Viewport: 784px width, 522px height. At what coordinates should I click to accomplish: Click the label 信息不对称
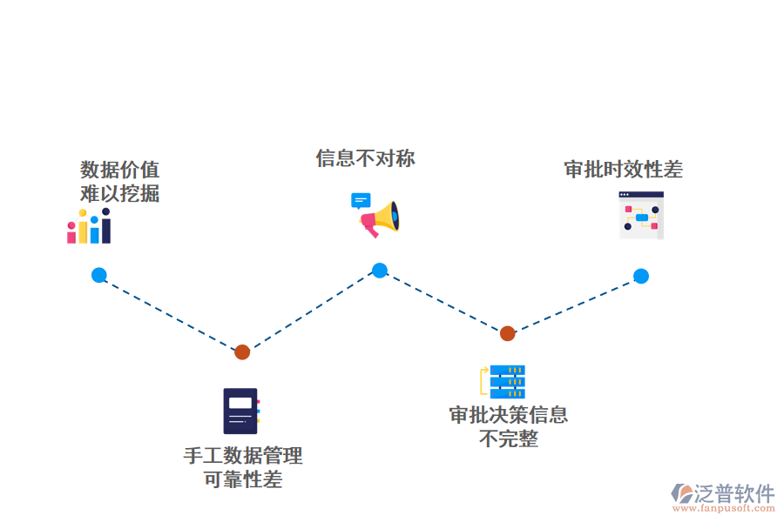(x=365, y=158)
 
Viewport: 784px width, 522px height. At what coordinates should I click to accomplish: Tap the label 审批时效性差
(x=623, y=170)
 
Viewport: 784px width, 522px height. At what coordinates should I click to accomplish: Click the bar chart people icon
(x=89, y=226)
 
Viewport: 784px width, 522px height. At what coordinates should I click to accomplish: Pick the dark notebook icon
(x=241, y=411)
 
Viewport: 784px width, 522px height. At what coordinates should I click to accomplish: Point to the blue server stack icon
(x=506, y=382)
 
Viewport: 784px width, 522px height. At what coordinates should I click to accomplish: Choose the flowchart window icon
(x=641, y=216)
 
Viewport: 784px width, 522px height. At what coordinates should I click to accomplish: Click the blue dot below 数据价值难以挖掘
(x=99, y=275)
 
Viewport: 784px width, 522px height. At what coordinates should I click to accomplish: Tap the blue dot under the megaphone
(x=380, y=271)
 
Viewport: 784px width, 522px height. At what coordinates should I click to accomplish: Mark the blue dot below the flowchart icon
(x=641, y=276)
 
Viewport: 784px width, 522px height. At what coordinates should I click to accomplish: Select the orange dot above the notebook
(x=242, y=351)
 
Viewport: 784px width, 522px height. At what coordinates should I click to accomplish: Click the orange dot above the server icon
(x=507, y=333)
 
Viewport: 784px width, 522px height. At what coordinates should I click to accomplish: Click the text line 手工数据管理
(x=243, y=456)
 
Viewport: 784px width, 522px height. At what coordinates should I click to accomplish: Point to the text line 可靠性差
(x=243, y=479)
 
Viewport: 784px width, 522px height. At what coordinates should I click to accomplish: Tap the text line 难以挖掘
(x=120, y=193)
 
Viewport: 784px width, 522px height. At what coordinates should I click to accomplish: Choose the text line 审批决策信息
(x=509, y=415)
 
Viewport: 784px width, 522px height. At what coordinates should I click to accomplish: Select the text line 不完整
(x=509, y=438)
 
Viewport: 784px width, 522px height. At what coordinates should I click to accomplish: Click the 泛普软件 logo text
(x=733, y=493)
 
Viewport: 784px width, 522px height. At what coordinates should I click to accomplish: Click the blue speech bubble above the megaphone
(x=361, y=201)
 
